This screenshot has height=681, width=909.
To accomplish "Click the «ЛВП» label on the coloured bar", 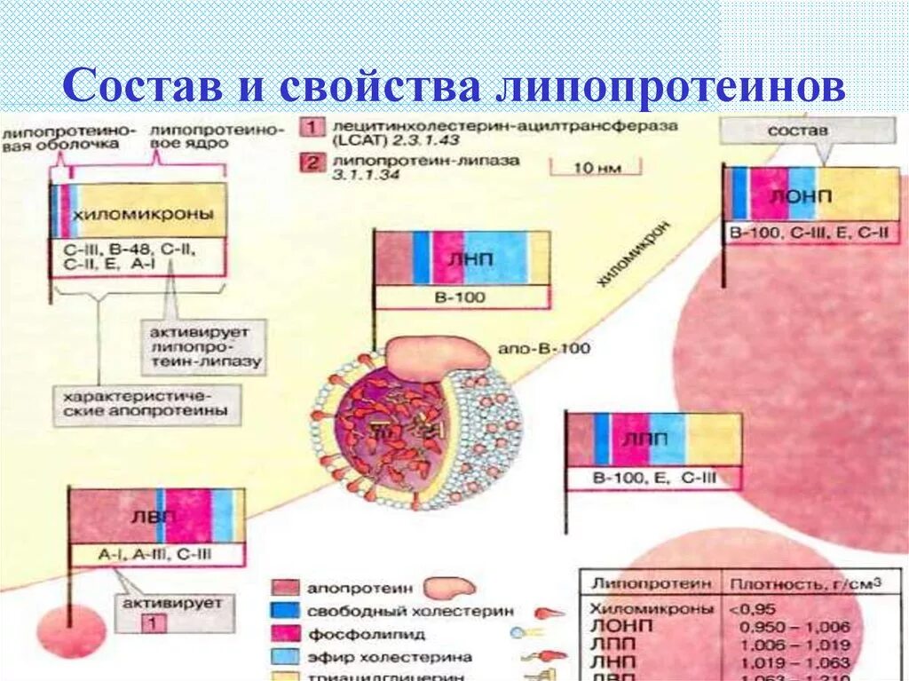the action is (141, 516).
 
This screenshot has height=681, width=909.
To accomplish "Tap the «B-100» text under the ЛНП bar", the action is (462, 297).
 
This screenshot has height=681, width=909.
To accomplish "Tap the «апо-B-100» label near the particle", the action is (545, 348).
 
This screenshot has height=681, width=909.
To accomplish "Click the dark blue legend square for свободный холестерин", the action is (283, 611).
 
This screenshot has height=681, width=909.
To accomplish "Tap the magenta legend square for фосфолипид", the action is (283, 634).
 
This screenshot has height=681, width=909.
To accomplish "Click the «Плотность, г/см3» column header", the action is (805, 584).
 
